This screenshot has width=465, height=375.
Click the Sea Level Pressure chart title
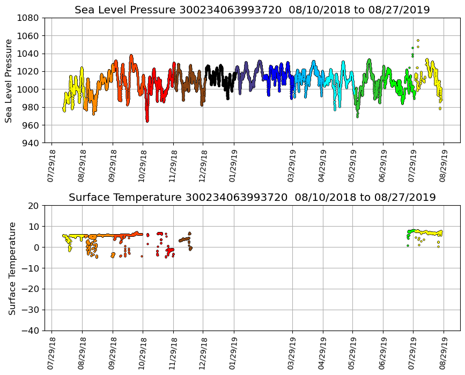click(252, 10)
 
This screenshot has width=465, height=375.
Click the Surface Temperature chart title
click(252, 198)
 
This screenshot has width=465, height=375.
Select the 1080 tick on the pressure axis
click(27, 18)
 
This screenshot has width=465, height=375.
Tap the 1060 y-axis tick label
click(27, 36)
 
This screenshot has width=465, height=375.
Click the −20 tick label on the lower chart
click(30, 289)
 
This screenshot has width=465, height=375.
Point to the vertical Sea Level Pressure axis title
click(9, 80)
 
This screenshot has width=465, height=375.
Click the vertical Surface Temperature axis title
click(11, 268)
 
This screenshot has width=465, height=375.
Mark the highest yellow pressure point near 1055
click(418, 40)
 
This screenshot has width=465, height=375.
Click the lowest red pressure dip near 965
click(147, 121)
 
